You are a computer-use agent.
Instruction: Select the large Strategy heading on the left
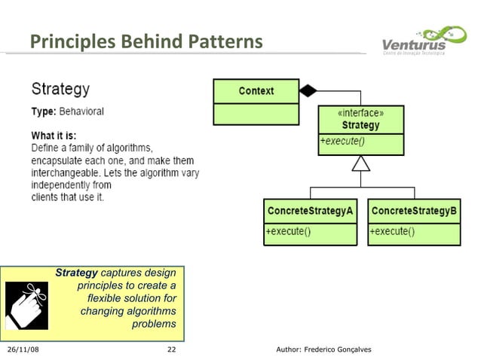point(60,89)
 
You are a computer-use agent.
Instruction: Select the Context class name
point(256,91)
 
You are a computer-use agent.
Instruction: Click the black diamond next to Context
point(308,91)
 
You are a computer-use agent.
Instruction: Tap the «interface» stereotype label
point(360,113)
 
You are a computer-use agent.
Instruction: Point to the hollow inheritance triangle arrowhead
point(360,163)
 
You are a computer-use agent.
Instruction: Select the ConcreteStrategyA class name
point(309,212)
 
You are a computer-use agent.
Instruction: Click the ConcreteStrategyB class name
point(414,212)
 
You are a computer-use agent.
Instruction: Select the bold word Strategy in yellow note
point(76,273)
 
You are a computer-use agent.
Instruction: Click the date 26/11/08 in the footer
point(23,349)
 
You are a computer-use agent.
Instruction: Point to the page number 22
point(171,349)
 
